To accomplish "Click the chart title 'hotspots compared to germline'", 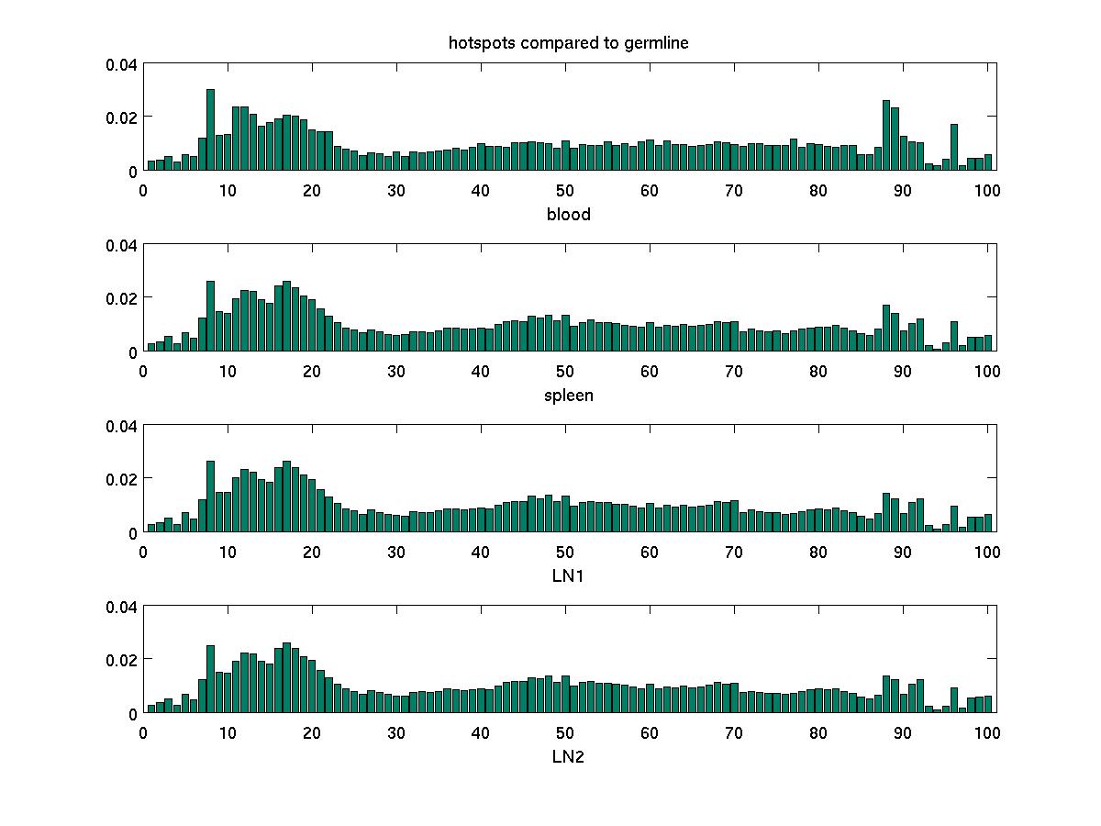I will (x=575, y=43).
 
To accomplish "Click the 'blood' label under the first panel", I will (x=569, y=215).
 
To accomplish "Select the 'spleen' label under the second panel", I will (x=569, y=396).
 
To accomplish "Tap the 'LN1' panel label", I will (x=569, y=575).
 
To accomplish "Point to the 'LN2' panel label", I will (x=569, y=756).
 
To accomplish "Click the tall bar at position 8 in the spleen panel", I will (x=210, y=317).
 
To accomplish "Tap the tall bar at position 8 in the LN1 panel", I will (x=210, y=497).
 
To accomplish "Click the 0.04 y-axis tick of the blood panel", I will (x=121, y=64).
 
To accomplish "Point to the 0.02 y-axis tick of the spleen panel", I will (x=121, y=298).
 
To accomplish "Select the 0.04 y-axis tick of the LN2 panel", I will (x=121, y=607).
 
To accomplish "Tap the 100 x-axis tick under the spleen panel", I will (x=987, y=371).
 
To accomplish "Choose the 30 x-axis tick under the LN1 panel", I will (x=396, y=552).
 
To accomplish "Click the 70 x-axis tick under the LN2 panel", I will (x=734, y=732).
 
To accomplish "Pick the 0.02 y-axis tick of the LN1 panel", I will (x=121, y=479).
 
